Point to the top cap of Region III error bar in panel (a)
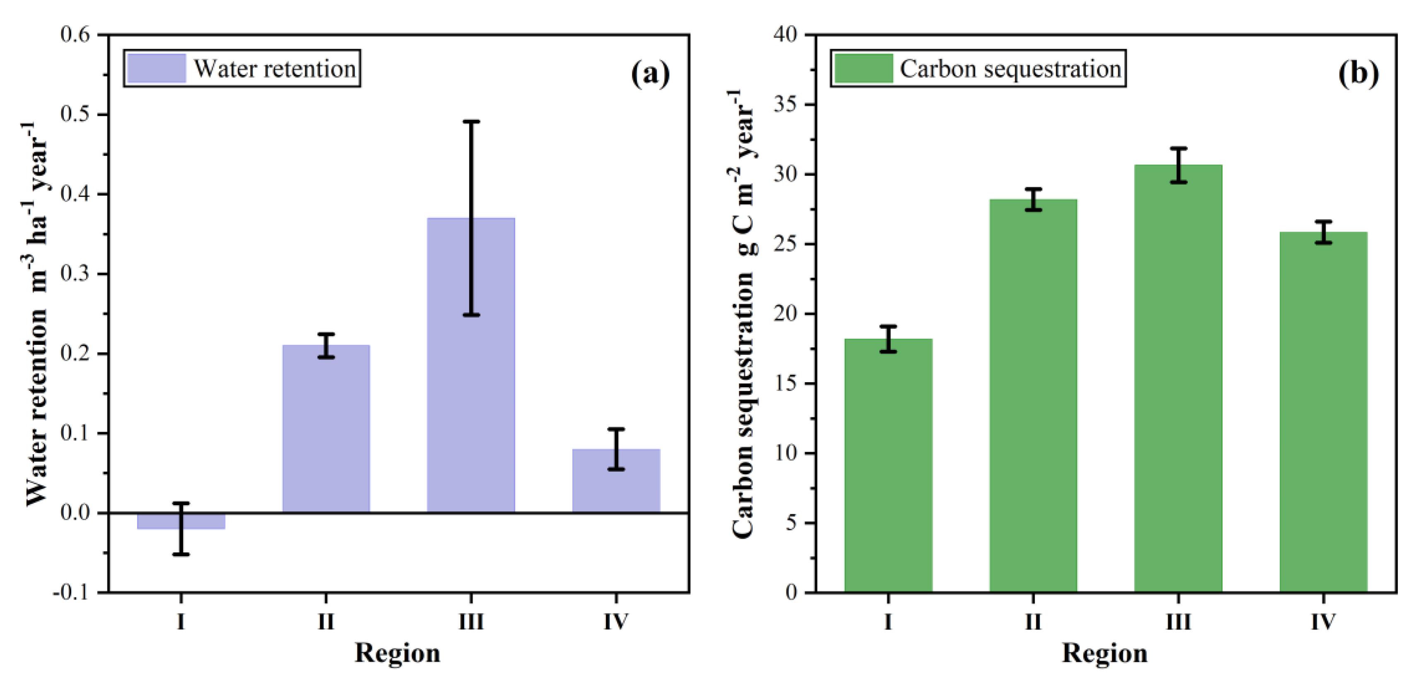pyautogui.click(x=471, y=121)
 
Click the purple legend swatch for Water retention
pyautogui.click(x=156, y=69)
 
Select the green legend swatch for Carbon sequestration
pyautogui.click(x=864, y=69)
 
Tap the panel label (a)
pyautogui.click(x=650, y=73)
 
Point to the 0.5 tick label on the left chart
pyautogui.click(x=75, y=114)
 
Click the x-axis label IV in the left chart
pyautogui.click(x=616, y=622)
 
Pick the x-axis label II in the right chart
pyautogui.click(x=1033, y=622)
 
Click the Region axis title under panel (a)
pyautogui.click(x=398, y=653)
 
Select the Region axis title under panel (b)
pyautogui.click(x=1105, y=653)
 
